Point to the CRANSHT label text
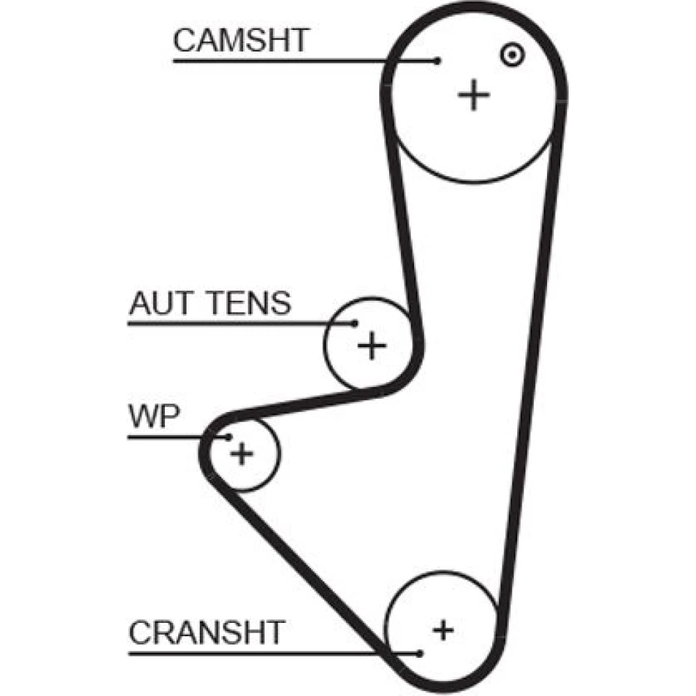[207, 633]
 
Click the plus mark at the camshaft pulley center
[474, 95]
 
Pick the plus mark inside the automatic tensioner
[372, 345]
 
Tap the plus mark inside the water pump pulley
[242, 454]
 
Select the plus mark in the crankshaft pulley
[443, 631]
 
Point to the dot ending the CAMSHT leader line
[438, 61]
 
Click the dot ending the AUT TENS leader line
[355, 323]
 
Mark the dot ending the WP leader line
[228, 436]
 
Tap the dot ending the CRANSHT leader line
[420, 653]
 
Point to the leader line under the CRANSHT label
[264, 653]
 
